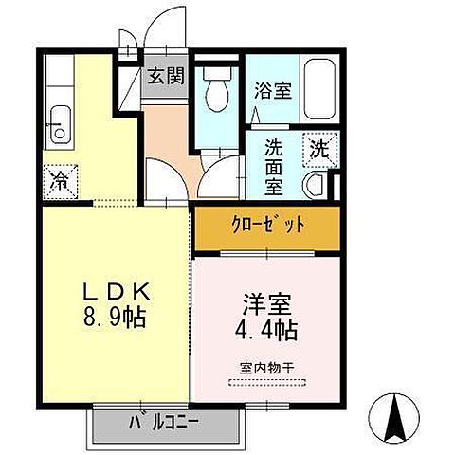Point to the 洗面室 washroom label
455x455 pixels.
[x=274, y=167]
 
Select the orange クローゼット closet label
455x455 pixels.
[x=267, y=226]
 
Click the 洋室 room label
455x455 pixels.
[x=264, y=306]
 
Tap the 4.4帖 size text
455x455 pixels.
[x=266, y=332]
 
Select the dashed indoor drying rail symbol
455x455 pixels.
[x=268, y=383]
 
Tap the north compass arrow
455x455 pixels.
[x=396, y=414]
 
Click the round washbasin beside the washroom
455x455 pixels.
[x=318, y=184]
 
